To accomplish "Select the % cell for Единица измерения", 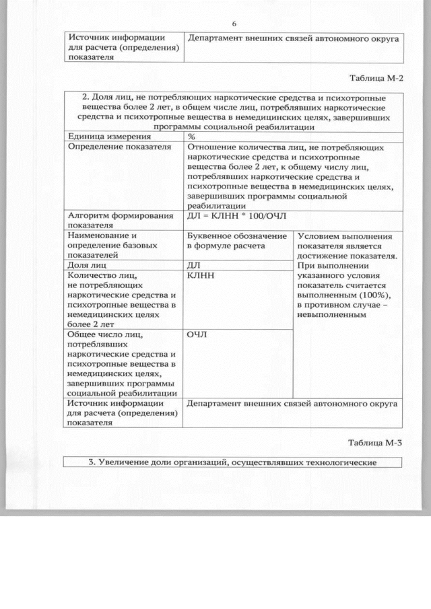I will [192, 136].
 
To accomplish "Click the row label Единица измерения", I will [100, 136].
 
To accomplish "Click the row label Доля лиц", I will [89, 266].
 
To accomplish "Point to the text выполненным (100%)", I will [343, 295].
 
